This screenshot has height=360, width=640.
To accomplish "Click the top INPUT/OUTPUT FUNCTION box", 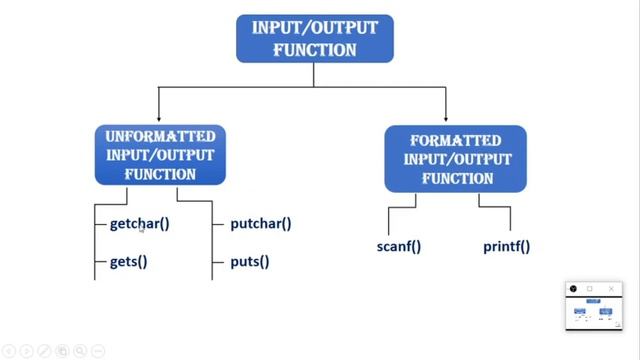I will click(315, 39).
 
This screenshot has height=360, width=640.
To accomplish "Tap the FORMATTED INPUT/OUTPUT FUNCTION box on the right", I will click(455, 159).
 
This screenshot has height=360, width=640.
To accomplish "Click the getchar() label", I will click(139, 223).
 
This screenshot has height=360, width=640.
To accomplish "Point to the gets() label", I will click(128, 262).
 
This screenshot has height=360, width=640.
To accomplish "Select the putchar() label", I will click(260, 223).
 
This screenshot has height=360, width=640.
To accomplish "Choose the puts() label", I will click(250, 262).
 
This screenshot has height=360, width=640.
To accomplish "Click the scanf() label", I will click(399, 246).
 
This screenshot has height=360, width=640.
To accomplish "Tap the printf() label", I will click(506, 246).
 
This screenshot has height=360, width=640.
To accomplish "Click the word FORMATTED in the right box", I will click(455, 140).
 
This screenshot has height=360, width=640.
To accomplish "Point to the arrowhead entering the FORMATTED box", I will click(445, 120).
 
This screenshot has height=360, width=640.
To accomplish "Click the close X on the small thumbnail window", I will click(612, 289).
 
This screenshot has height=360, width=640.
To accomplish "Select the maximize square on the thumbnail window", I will click(590, 289).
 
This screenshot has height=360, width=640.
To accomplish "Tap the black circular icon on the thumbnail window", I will click(573, 289).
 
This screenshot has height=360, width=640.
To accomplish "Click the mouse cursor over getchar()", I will click(142, 230).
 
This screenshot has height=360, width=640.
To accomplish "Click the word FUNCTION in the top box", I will click(315, 49).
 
